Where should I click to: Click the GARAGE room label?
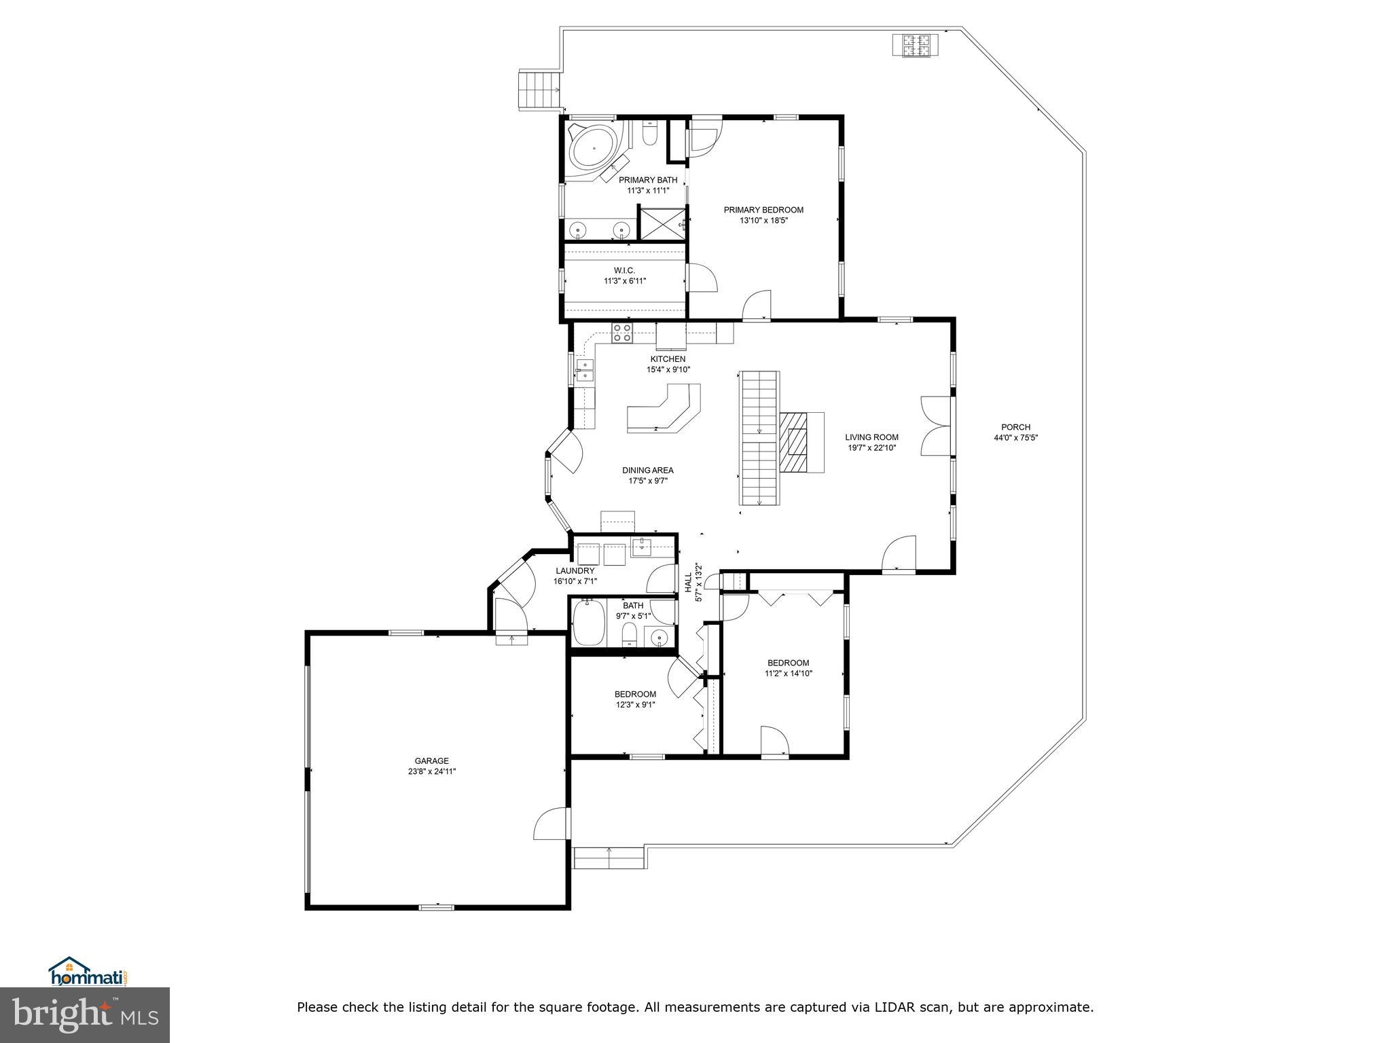(432, 761)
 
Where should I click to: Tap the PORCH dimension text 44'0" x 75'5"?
(1015, 438)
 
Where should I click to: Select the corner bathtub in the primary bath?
(592, 153)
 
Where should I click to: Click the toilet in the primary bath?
(649, 134)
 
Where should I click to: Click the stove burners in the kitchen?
(622, 332)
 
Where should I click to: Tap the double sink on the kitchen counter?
(585, 370)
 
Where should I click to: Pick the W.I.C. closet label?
(624, 270)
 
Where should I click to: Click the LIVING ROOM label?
(871, 437)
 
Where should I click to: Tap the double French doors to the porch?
(938, 426)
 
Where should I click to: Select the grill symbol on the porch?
(916, 45)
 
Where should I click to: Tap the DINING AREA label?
(648, 470)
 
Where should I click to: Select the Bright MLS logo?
(84, 1015)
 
